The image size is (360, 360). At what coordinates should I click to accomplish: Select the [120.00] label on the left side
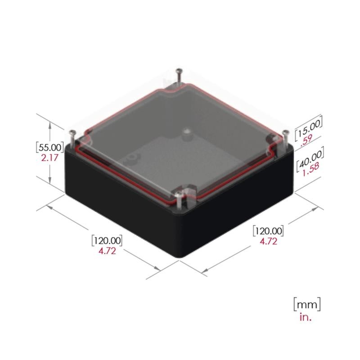coord(107,239)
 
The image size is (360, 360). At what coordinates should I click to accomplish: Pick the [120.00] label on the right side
coord(269,231)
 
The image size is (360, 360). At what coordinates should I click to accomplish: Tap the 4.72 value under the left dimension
coord(107,251)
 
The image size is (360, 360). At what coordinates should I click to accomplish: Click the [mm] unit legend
coord(307,304)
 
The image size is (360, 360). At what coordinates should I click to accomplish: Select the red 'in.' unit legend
coord(306,317)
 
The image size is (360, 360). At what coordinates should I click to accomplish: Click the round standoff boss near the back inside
coord(186,133)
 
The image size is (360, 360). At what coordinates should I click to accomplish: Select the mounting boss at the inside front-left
coord(132,158)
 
